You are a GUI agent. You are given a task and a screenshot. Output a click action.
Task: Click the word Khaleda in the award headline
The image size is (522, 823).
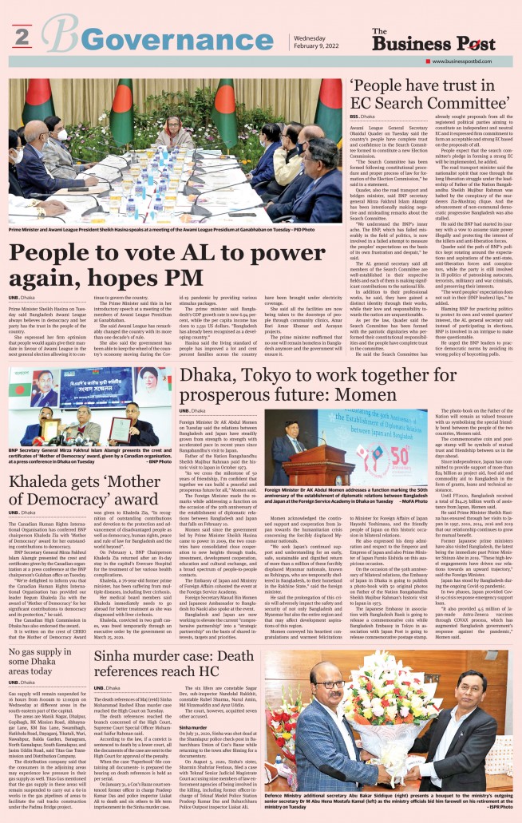pyautogui.click(x=41, y=481)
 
